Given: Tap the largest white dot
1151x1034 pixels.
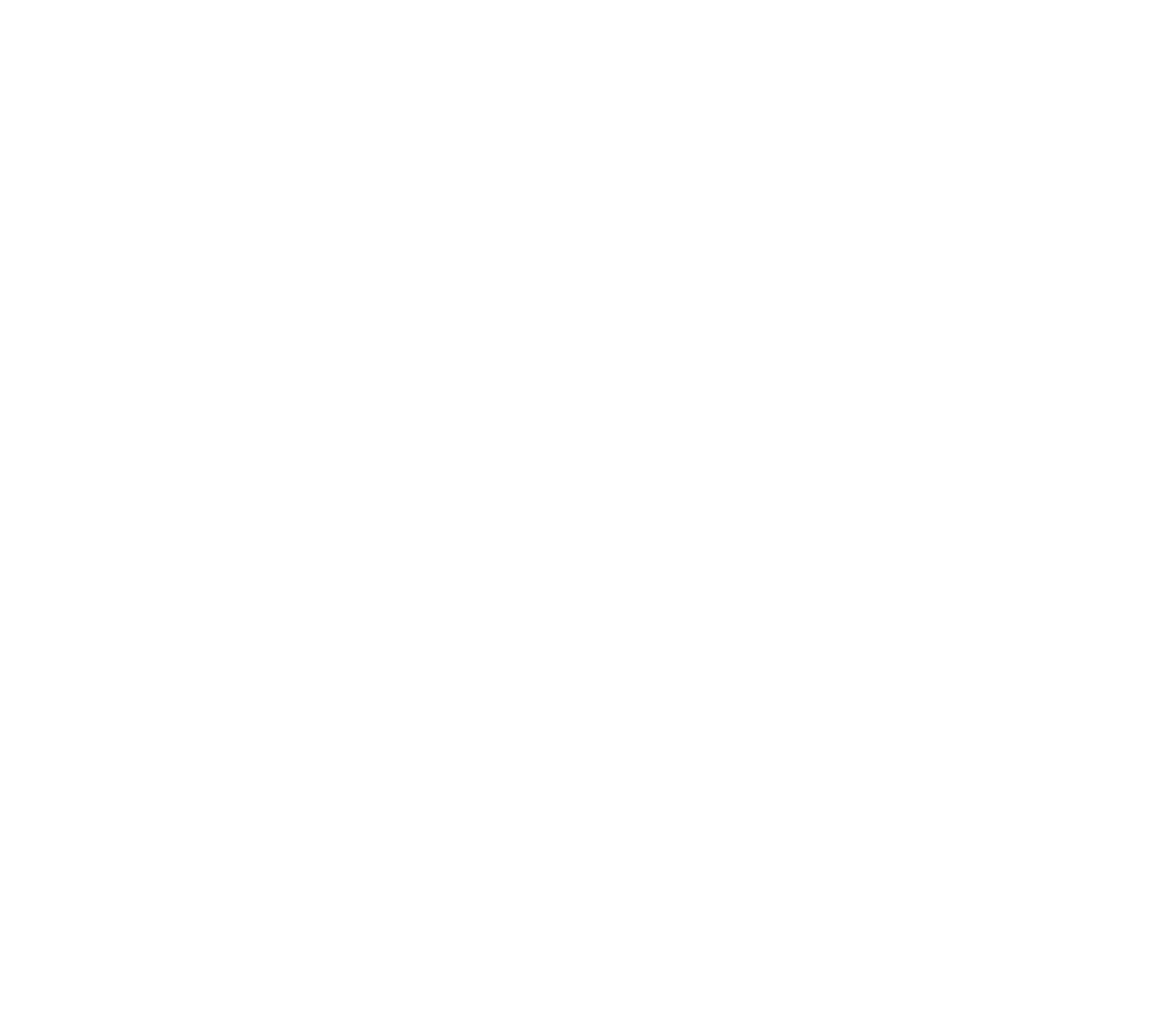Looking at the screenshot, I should [161, 795].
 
